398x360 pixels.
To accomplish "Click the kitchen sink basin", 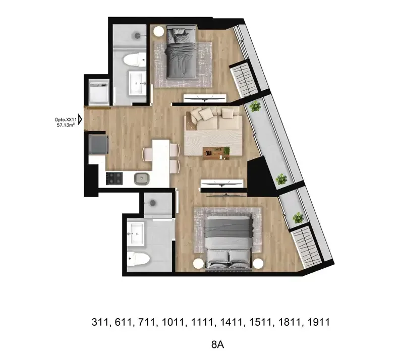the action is click(x=141, y=178).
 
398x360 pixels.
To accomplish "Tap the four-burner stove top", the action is click(x=114, y=178).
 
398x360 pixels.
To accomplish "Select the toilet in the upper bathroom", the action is click(x=135, y=60).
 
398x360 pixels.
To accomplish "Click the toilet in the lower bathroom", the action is click(x=138, y=259).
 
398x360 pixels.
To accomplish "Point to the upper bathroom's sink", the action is click(x=137, y=83).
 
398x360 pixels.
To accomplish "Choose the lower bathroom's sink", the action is click(x=136, y=233).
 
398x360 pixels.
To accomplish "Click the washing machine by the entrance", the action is click(x=99, y=92).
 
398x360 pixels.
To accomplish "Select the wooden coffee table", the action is click(x=216, y=153).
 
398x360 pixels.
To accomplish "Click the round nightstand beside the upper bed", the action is click(x=159, y=31).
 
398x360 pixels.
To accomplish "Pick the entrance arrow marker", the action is click(x=80, y=119).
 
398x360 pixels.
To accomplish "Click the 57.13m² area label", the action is click(x=66, y=125).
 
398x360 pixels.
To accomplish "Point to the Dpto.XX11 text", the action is click(x=66, y=119).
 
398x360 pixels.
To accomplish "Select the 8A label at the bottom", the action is click(x=217, y=345).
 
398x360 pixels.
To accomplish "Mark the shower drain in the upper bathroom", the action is click(x=138, y=35).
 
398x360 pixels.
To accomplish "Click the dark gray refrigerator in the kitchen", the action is click(x=98, y=144).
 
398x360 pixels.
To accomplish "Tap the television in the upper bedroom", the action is click(x=205, y=98).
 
